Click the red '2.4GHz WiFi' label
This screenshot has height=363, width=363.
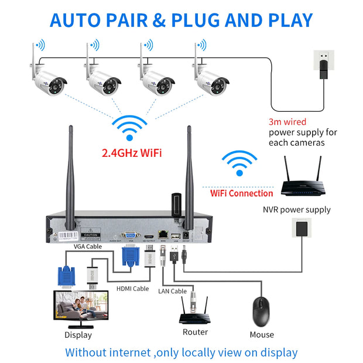pos(131,154)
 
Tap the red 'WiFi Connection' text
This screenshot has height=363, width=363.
pos(241,193)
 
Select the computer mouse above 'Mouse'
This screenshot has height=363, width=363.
pos(261,312)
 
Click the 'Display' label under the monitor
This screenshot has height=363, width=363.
pos(78,335)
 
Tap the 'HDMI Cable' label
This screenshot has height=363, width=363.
pos(132,288)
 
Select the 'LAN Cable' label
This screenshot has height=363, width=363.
pos(172,291)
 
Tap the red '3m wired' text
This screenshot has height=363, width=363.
pos(287,122)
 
